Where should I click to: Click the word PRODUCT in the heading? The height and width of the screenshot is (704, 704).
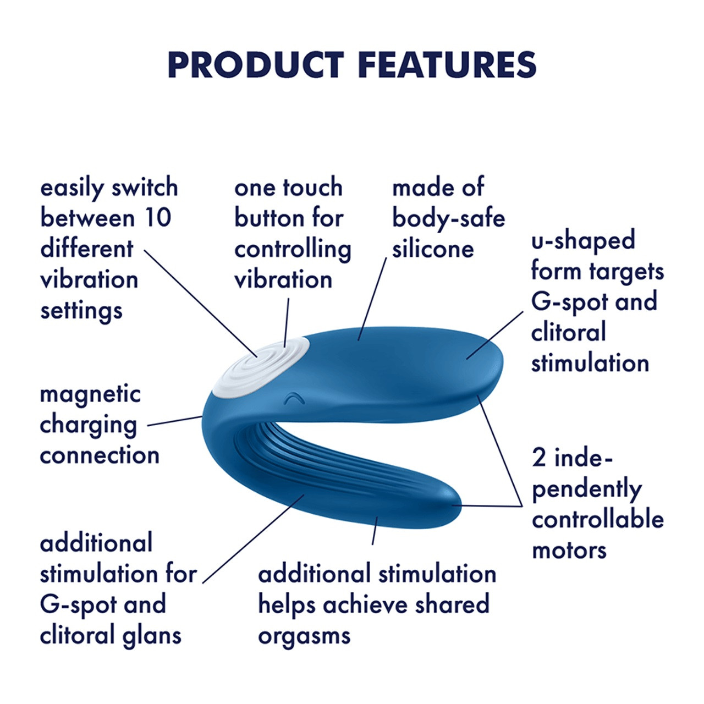(256, 65)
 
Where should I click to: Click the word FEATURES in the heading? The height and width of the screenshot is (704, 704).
(447, 65)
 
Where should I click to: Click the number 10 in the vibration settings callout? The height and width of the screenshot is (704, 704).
(157, 218)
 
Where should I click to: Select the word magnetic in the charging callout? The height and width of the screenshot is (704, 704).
(90, 394)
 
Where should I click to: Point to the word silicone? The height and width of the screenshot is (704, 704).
(432, 249)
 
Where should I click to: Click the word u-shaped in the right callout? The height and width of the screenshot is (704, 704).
(582, 241)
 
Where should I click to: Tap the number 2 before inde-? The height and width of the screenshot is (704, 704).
(538, 458)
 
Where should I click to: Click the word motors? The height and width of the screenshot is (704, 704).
(569, 551)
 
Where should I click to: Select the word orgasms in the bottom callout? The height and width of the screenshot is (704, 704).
(304, 636)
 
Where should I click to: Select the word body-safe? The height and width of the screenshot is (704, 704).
(448, 218)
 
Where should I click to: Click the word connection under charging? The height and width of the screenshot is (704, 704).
(100, 456)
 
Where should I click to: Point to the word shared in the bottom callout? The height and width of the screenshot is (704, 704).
(452, 605)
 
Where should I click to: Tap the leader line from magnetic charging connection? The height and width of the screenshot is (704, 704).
(175, 421)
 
